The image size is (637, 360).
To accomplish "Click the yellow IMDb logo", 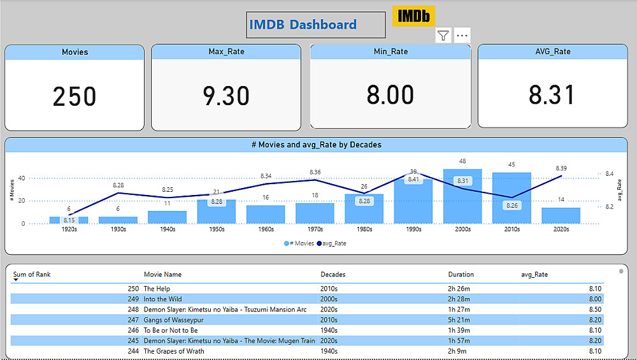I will coord(413,16).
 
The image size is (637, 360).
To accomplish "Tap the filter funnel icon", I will coord(443,36).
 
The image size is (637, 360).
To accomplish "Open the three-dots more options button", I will coord(462,36).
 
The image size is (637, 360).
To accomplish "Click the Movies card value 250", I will coord(75,96).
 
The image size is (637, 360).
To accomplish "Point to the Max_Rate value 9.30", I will coord(225,96).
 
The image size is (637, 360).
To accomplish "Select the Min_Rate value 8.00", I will coord(390,95).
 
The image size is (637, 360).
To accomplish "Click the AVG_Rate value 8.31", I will coord(552,95).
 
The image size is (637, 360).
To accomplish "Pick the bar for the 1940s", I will coord(167,217).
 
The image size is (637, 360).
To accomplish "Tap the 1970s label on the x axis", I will coord(315,229).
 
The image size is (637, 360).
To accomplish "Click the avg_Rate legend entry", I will coord(331,243).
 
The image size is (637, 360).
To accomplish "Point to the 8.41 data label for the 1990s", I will coord(413,180).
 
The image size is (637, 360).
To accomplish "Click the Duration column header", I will coord(461,275).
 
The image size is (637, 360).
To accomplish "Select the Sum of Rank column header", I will coord(32,275).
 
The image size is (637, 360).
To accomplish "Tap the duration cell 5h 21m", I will coord(459,320).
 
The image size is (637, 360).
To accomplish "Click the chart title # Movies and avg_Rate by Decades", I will coord(317,145).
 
